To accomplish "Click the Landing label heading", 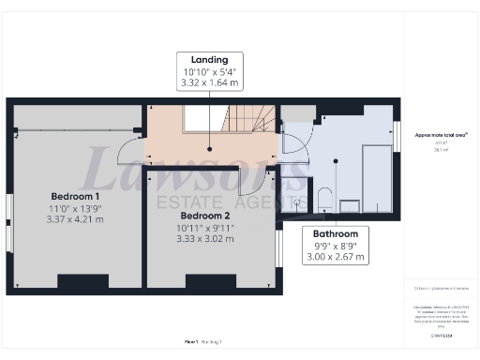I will tap(210, 59).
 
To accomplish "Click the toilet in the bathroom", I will tap(323, 198).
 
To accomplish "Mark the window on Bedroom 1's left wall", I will tap(9, 223).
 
